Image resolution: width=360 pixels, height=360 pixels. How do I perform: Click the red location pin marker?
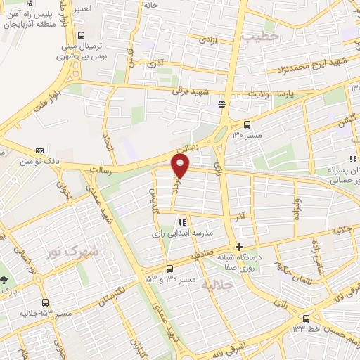[x=181, y=166]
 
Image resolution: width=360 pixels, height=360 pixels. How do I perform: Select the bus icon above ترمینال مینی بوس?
[x=82, y=35]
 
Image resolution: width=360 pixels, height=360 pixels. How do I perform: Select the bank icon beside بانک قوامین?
[x=39, y=150]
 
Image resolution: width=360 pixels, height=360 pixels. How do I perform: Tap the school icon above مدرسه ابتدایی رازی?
[x=183, y=221]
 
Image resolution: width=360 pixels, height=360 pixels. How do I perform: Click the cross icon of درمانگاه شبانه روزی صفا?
[x=240, y=247]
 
